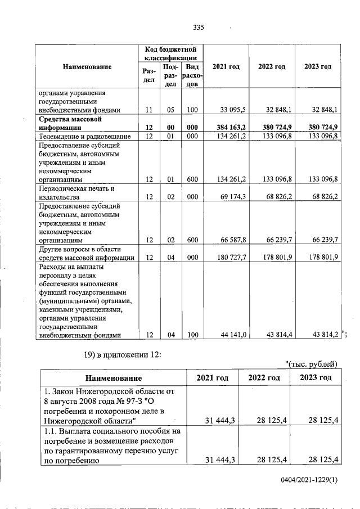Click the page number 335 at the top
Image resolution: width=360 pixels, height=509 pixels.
point(197,28)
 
